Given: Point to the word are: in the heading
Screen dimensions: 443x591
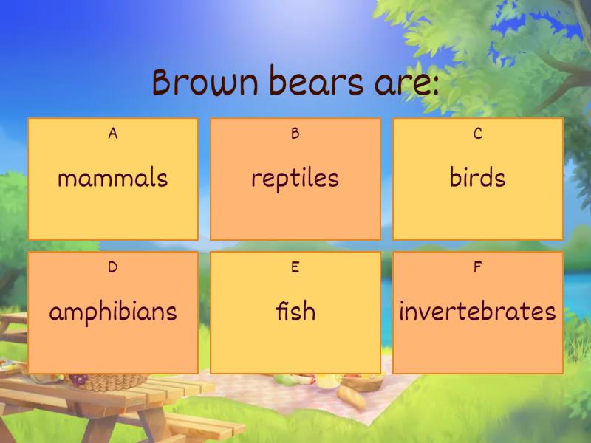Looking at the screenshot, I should click(x=402, y=83).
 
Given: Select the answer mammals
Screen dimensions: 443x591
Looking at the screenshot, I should click(x=113, y=178).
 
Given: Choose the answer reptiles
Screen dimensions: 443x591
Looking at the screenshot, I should click(x=295, y=178).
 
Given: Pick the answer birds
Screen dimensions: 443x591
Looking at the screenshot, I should click(x=477, y=178).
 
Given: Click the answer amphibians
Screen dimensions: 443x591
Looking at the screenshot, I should click(x=113, y=311).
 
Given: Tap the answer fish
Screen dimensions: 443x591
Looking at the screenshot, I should click(x=295, y=311).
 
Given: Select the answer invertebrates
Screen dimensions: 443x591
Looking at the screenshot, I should click(x=477, y=311).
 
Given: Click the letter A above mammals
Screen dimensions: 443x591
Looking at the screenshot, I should click(x=113, y=134).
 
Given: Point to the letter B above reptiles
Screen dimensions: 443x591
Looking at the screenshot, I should click(x=295, y=134).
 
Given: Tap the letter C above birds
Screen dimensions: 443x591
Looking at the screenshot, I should click(x=477, y=134).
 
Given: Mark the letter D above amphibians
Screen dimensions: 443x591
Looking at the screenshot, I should click(x=113, y=267).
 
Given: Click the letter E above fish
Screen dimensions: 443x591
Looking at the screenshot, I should click(x=295, y=267).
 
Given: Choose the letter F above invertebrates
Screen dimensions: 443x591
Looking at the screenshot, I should click(x=477, y=267).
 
